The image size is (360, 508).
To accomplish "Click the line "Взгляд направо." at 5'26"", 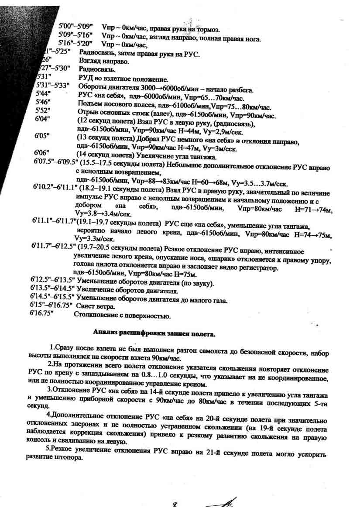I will pos(104,62).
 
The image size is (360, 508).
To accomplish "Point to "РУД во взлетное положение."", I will pos(123,79).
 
